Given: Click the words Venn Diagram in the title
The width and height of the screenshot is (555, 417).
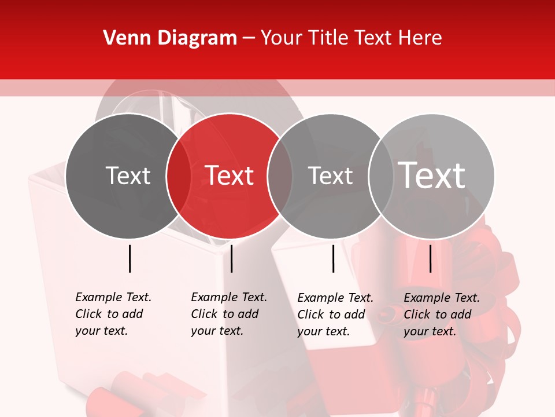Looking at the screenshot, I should (x=170, y=38).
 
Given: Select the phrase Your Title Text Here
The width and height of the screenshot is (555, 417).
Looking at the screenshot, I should (x=351, y=38).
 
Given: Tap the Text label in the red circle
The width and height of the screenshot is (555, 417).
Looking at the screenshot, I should (x=230, y=175).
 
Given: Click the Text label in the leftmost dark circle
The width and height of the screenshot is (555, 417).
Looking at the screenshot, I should (x=128, y=175).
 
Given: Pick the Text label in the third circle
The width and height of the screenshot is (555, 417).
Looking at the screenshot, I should (x=330, y=175).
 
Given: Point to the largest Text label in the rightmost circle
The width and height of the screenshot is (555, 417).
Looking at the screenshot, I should (x=432, y=175).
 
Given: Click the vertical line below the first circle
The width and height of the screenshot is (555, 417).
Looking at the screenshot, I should (x=129, y=258).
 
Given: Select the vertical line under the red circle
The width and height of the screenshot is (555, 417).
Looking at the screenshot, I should (x=231, y=258).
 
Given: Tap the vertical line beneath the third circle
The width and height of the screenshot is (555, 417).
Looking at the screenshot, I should (x=333, y=258).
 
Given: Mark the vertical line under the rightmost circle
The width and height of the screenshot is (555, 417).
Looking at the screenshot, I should (x=430, y=258).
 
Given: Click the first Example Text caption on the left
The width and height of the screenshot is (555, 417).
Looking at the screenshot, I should (x=113, y=314).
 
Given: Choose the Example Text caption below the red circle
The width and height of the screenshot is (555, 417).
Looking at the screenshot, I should (x=229, y=314).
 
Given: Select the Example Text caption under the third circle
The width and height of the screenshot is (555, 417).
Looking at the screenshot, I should (x=335, y=314).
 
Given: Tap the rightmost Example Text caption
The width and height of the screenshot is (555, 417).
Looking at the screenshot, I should (x=442, y=314).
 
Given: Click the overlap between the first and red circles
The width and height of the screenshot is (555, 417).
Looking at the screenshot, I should (x=179, y=175).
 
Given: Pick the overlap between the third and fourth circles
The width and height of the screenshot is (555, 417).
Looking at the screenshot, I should (x=380, y=175).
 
